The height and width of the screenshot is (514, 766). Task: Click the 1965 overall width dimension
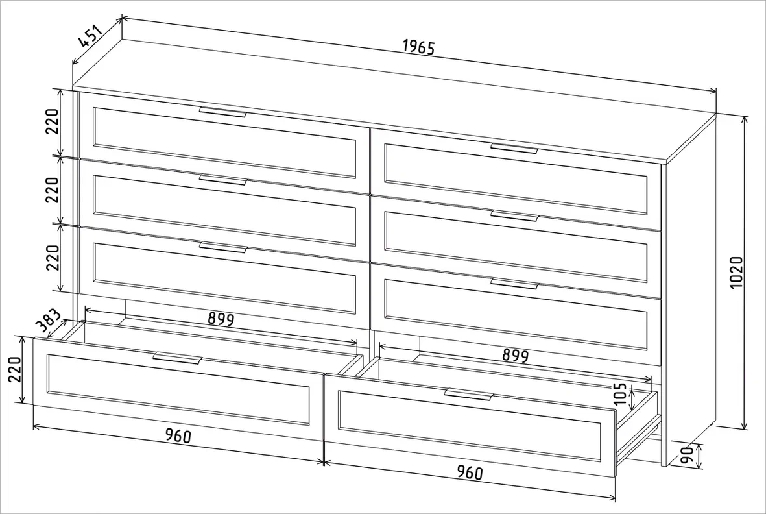tap(418, 47)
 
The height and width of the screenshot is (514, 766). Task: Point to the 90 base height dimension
tap(688, 456)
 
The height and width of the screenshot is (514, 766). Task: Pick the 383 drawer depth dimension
tap(49, 321)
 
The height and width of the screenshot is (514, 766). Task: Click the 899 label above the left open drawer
tap(221, 319)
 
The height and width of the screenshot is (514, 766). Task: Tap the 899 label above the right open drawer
tap(516, 355)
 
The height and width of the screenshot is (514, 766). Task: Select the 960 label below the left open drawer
tap(178, 435)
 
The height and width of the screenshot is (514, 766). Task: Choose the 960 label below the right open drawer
tap(470, 472)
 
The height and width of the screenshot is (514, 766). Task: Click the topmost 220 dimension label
tap(53, 121)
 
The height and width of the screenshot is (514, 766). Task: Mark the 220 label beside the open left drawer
tap(15, 370)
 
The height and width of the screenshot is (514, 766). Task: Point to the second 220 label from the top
tap(53, 190)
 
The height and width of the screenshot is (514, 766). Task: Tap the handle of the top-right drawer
tap(514, 148)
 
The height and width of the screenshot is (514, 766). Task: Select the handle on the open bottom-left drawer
tap(177, 358)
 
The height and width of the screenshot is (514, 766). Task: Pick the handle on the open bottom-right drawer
tap(469, 395)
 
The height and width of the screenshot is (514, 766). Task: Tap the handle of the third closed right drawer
tap(514, 284)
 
